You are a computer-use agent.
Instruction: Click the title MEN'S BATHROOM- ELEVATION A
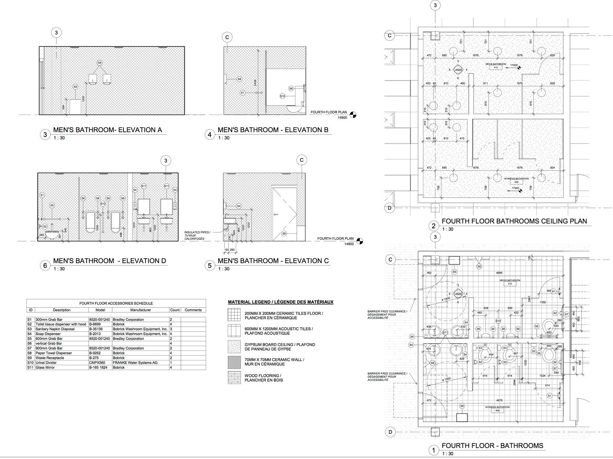point(107,130)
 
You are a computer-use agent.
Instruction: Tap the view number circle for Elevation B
point(209,135)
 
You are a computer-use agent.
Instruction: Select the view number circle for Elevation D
point(45,266)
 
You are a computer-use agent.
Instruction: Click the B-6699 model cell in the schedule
point(95,324)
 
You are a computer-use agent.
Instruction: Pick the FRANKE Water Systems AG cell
point(135,362)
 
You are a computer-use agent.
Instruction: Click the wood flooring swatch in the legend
point(234,378)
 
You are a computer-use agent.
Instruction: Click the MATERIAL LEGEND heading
point(281,302)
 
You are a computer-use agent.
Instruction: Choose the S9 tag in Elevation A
point(75,87)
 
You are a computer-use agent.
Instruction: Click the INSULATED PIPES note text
point(197,232)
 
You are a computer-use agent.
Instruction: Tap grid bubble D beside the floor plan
point(390,432)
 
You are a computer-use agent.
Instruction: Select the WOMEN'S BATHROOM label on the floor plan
point(497,407)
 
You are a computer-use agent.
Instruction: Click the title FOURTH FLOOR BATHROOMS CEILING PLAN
point(514,221)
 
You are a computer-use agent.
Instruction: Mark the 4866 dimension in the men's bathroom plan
point(499,273)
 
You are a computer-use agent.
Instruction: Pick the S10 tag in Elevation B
point(282,96)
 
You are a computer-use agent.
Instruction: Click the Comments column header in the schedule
point(193,310)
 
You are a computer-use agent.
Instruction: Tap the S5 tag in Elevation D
point(52,205)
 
